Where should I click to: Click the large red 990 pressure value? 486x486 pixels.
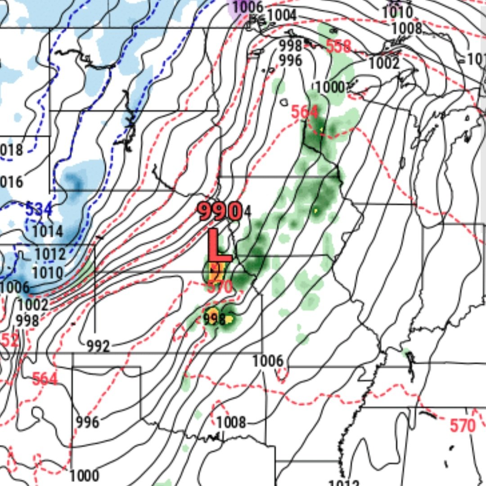(220, 211)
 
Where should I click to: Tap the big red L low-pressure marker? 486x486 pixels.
(219, 246)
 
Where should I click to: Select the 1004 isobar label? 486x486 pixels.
(282, 15)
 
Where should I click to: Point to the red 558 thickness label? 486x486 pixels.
(338, 46)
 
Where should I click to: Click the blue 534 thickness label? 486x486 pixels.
(39, 209)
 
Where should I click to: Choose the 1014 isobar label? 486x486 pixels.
(48, 231)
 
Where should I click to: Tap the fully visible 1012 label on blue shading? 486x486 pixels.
(50, 254)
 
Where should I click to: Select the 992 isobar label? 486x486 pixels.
(98, 346)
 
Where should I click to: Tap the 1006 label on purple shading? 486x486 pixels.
(248, 7)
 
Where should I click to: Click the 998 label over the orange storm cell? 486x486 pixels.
(214, 319)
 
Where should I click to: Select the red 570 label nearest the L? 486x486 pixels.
(220, 286)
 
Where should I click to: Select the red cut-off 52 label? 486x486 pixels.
(10, 341)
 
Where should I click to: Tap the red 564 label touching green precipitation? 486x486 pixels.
(304, 112)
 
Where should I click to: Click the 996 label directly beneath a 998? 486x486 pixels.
(290, 60)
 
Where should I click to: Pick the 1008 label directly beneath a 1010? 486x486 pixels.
(406, 28)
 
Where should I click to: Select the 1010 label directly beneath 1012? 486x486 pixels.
(47, 273)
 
